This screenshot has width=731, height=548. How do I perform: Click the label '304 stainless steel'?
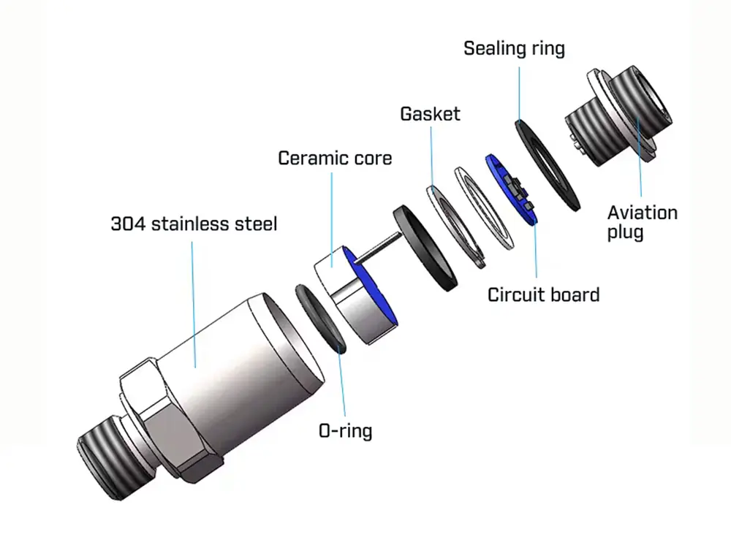pyautogui.click(x=194, y=224)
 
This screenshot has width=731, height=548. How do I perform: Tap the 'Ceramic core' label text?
pyautogui.click(x=335, y=158)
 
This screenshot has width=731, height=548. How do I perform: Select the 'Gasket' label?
pyautogui.click(x=430, y=114)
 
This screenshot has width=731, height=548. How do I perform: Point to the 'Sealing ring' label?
pyautogui.click(x=515, y=49)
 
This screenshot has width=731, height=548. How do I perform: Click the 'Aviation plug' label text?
pyautogui.click(x=643, y=223)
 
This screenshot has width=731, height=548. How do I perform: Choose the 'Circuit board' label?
pyautogui.click(x=543, y=294)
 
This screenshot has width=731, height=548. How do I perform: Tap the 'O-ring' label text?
pyautogui.click(x=345, y=430)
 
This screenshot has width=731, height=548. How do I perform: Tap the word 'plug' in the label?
pyautogui.click(x=626, y=233)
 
